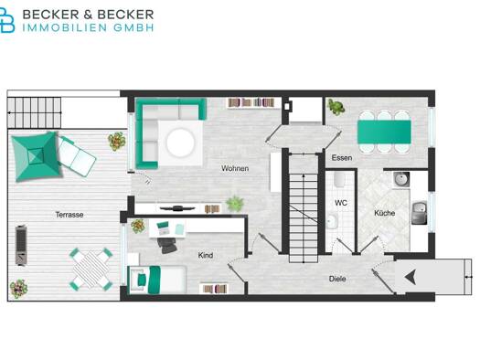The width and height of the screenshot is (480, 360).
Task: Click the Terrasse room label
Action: coord(69,215)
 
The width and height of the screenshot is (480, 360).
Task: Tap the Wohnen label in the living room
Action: coord(235,168)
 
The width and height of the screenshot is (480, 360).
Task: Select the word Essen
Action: coord(342,158)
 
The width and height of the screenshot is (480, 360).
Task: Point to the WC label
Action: coord(341,203)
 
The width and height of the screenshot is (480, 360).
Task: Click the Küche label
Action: coord(385,213)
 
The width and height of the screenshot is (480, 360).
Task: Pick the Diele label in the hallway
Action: coord(337,279)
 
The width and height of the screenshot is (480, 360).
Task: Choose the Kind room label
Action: coord(206,255)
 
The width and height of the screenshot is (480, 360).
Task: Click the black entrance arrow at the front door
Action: coord(410,277)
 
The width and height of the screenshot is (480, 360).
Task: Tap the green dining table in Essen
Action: coord(384,132)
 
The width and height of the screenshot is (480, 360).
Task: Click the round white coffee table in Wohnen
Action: coord(180,143)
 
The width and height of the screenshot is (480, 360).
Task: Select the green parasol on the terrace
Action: coord(36,156)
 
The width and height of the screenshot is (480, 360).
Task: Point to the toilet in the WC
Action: coord(340,179)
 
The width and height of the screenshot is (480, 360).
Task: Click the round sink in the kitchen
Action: coord(401,179)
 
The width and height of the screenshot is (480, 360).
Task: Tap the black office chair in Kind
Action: coord(167,245)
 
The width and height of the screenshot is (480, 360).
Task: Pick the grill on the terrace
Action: coord(21,245)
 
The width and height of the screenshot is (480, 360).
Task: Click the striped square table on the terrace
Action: coord(91,270)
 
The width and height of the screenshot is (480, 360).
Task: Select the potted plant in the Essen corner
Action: coord(336,107)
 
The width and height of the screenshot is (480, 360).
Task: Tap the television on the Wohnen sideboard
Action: coord(177,208)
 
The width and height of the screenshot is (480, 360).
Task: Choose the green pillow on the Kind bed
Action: coord(142,280)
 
